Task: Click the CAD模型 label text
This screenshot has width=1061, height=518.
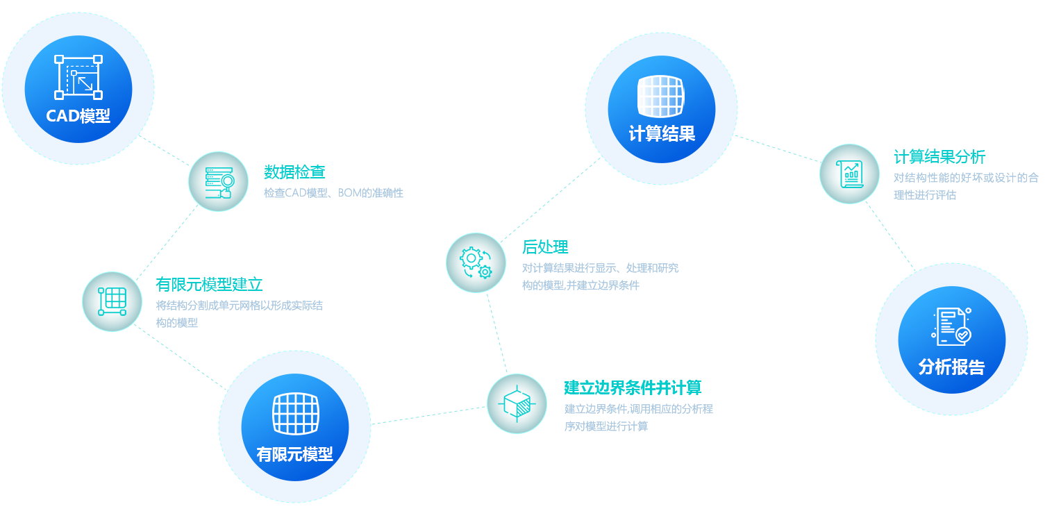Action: click(78, 116)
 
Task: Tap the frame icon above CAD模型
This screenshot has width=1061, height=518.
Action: click(78, 77)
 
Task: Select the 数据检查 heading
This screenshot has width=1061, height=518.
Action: click(286, 172)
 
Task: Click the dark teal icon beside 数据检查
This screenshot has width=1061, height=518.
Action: click(218, 181)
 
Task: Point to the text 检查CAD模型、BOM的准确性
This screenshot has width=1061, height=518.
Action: click(333, 192)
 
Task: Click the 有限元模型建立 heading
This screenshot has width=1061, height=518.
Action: click(210, 284)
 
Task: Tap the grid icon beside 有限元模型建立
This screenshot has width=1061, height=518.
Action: click(112, 301)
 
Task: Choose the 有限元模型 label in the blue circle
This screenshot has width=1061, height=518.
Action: click(294, 455)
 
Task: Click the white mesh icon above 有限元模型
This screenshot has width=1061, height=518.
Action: click(294, 414)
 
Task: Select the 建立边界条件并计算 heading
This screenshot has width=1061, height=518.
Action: click(633, 387)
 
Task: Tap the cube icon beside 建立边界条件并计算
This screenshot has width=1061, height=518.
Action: click(517, 403)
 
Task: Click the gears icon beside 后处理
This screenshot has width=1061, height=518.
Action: click(476, 262)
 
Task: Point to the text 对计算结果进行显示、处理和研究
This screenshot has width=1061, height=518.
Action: click(600, 268)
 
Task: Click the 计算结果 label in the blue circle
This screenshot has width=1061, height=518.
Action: click(662, 133)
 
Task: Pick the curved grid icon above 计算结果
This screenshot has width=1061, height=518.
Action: click(661, 97)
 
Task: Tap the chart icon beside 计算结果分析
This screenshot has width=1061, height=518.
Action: click(849, 174)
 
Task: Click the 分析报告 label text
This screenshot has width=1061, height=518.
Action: click(951, 367)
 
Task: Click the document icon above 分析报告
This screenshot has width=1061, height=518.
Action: click(951, 326)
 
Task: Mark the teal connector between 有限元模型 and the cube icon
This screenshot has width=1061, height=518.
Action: click(428, 415)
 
